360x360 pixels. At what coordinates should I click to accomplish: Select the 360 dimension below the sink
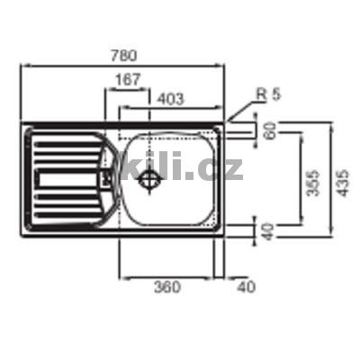click(x=167, y=287)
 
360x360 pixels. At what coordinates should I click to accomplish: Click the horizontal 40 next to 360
click(x=243, y=287)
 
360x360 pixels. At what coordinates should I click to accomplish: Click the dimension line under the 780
click(x=122, y=66)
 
